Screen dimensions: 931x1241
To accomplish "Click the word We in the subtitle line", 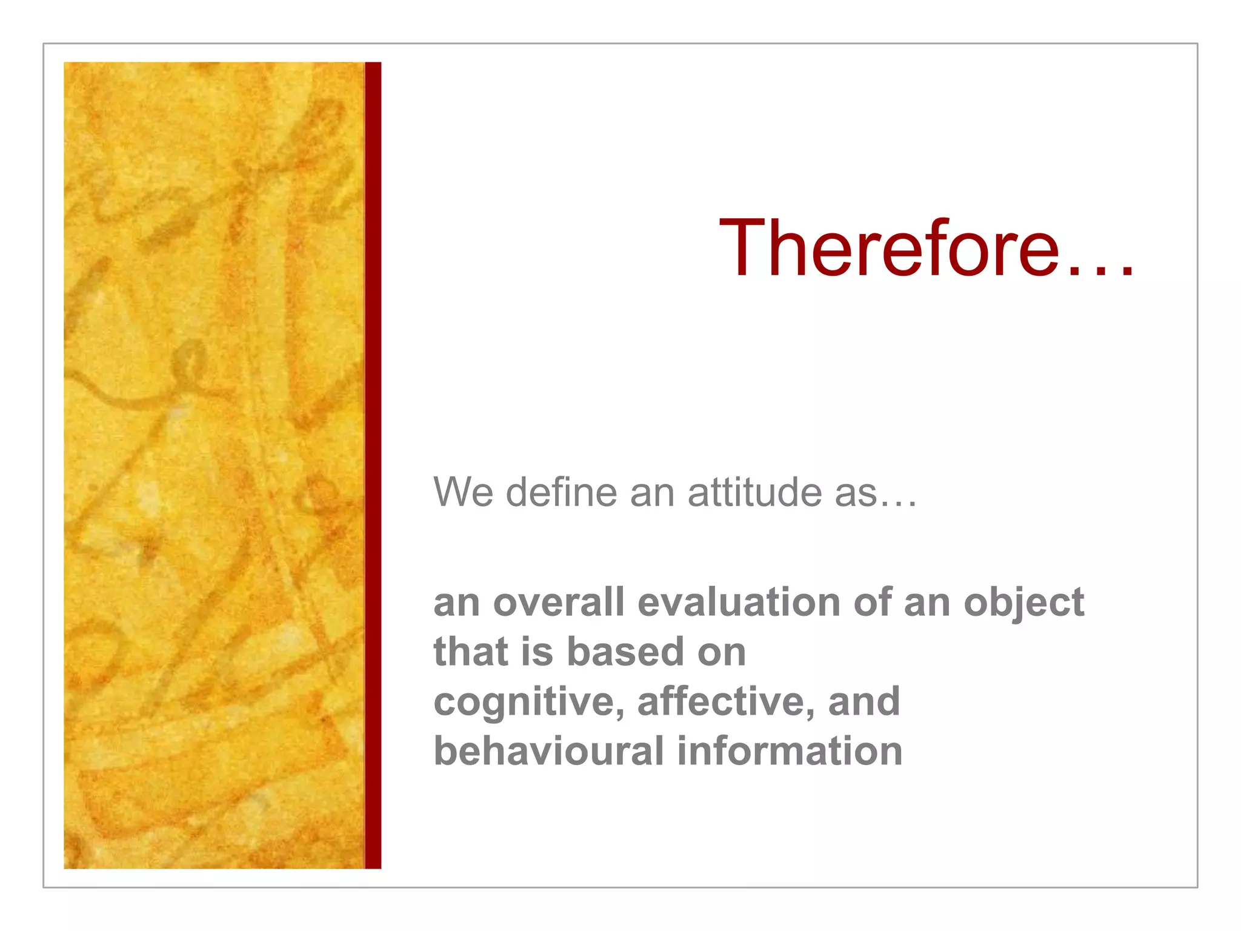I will tap(463, 492).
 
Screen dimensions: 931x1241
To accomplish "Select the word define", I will tap(561, 492).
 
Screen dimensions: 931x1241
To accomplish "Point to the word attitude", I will tap(754, 492).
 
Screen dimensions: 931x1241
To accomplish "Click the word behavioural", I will tap(549, 752).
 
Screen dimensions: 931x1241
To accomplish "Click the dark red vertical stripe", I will tap(373, 465).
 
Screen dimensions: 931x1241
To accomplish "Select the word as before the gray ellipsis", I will tap(855, 493).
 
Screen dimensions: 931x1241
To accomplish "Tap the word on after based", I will tap(721, 653).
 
